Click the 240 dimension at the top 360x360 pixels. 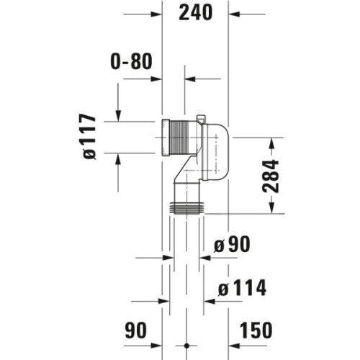pos(196,12)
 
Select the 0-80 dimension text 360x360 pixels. pos(131,61)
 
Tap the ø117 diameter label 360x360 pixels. pos(90,137)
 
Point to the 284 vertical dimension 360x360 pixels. pos(271,176)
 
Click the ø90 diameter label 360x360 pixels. pos(232,244)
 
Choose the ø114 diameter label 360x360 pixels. pos(242,287)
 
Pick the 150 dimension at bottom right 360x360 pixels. pos(256,330)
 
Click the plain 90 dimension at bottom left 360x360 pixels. pos(135,330)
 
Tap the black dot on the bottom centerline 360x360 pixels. pos(186,346)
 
